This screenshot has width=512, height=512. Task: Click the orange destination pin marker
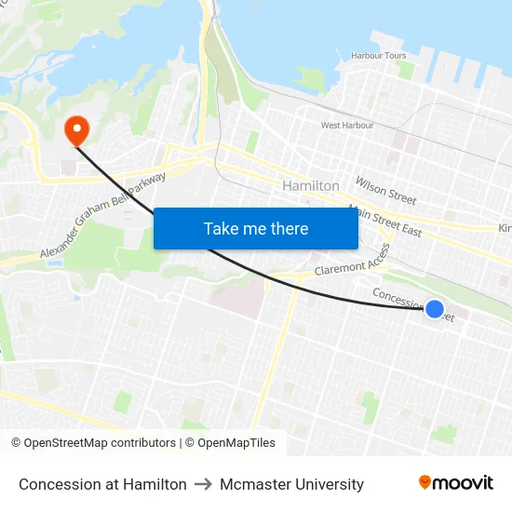click(x=74, y=128)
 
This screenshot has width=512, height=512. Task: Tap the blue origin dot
click(x=435, y=309)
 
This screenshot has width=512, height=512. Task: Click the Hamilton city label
click(x=311, y=186)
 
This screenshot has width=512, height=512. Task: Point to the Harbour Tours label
click(x=379, y=56)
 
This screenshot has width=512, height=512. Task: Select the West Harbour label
click(x=347, y=125)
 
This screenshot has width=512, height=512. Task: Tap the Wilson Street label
click(x=385, y=190)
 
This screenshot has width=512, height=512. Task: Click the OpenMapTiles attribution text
click(x=230, y=443)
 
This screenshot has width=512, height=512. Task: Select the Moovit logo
click(x=456, y=483)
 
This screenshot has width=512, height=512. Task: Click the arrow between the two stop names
click(x=203, y=484)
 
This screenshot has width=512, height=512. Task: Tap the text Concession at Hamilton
click(x=102, y=484)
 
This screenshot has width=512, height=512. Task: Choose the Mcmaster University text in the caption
click(x=291, y=484)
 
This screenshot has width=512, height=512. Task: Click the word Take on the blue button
click(x=221, y=228)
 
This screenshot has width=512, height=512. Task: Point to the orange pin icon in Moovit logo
click(x=425, y=482)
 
